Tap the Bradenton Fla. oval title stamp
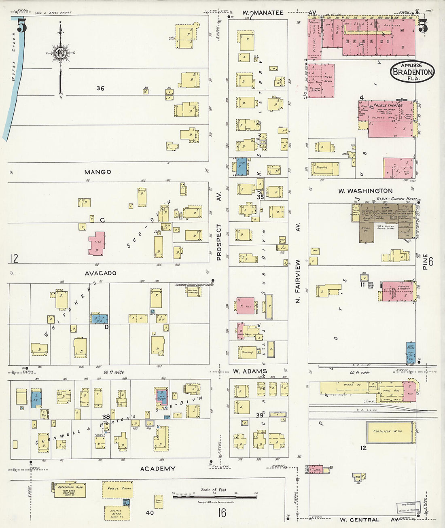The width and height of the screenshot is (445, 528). point(412,72)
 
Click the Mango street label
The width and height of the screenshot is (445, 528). point(97,172)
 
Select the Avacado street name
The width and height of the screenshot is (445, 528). point(100,273)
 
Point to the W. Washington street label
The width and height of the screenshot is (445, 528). point(365,191)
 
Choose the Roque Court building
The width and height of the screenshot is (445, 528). point(117,489)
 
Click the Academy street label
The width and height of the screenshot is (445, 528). point(157,469)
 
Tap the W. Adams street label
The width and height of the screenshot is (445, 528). point(250,371)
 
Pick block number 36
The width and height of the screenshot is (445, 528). point(100,88)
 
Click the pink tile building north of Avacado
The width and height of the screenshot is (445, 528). point(97,244)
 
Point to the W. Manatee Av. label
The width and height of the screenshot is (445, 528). point(279,13)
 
